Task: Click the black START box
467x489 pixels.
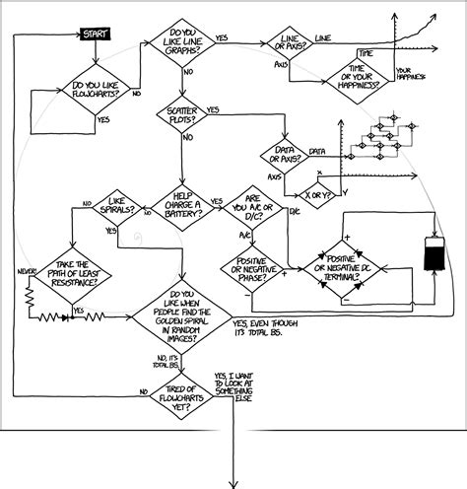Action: click(94, 35)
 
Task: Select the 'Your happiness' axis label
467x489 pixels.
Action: click(410, 72)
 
